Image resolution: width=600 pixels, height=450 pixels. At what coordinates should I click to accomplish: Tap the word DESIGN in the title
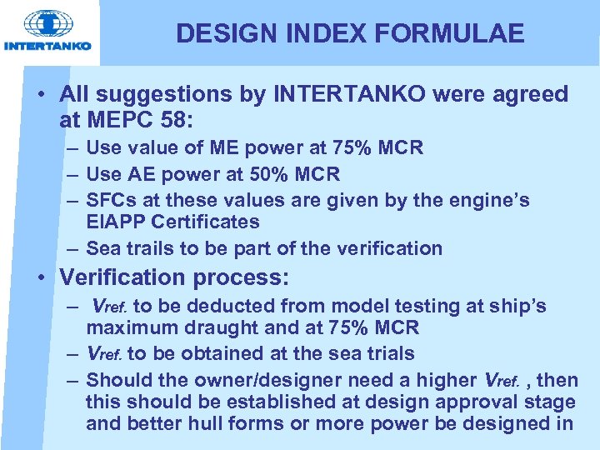click(x=218, y=33)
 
